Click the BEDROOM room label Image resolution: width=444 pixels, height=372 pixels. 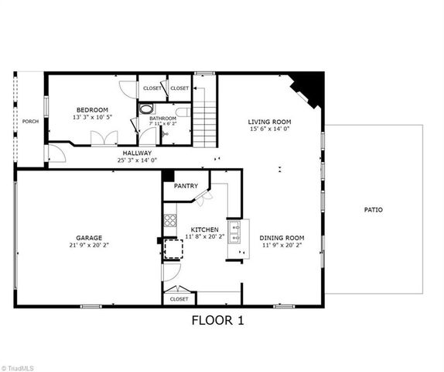click(x=91, y=109)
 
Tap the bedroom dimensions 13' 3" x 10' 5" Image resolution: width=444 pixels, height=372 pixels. click(x=91, y=118)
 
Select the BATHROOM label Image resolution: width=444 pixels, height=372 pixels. click(x=162, y=119)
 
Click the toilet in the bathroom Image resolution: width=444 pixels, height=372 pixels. click(x=149, y=109)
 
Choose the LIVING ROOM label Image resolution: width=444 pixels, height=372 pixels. click(x=268, y=122)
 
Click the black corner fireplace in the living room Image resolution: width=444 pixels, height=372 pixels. click(x=309, y=85)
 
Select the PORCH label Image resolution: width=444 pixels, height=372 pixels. click(x=30, y=122)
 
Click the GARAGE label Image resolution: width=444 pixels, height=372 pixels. click(x=89, y=238)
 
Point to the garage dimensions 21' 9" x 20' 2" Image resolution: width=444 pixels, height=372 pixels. click(x=89, y=246)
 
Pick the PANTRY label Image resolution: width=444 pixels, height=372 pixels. click(x=186, y=186)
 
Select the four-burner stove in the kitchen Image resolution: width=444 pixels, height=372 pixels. click(x=169, y=221)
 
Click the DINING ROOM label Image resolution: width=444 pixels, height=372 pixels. click(x=282, y=238)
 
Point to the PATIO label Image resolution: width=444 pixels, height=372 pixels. click(x=374, y=210)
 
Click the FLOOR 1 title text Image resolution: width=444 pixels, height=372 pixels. click(x=217, y=320)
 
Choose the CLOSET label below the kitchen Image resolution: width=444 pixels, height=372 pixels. click(x=179, y=298)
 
